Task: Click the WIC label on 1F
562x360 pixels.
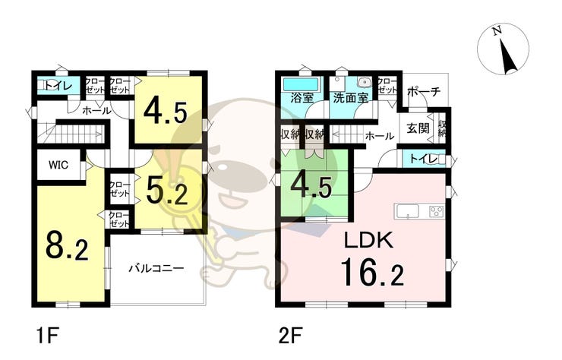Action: coord(58,165)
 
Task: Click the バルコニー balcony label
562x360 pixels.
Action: coord(156,268)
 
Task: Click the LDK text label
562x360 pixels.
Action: coord(368,240)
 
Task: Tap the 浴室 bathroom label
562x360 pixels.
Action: coord(302,97)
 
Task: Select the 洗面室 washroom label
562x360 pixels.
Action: coord(350,97)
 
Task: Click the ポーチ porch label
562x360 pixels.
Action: coord(424,91)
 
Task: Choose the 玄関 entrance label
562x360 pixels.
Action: coord(418,128)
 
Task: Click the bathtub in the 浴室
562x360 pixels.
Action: coord(301,84)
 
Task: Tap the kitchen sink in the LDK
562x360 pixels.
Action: coord(407,211)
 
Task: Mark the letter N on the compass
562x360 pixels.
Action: coord(497,32)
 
